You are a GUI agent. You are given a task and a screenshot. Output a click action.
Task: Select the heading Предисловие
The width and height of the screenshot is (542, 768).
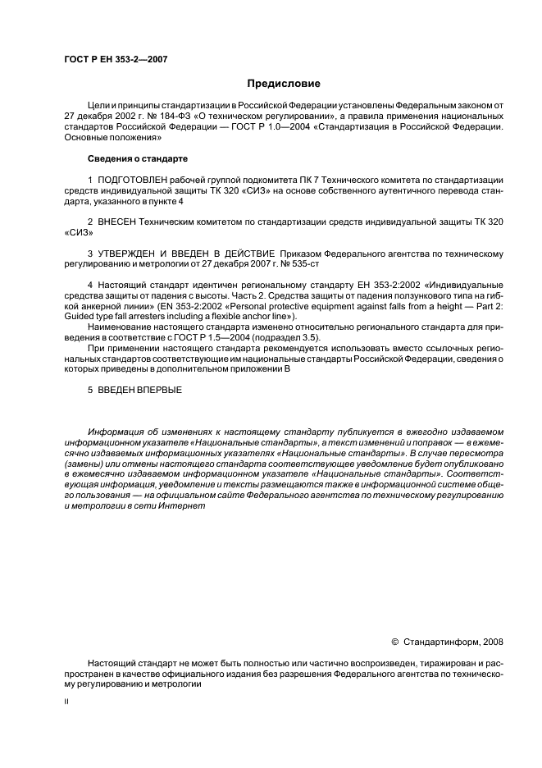284,84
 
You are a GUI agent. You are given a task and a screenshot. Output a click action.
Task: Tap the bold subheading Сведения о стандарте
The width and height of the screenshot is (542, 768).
137,158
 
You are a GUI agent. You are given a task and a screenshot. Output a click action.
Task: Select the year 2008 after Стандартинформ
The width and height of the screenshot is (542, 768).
494,642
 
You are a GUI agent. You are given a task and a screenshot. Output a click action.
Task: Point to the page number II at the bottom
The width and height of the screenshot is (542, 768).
66,702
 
